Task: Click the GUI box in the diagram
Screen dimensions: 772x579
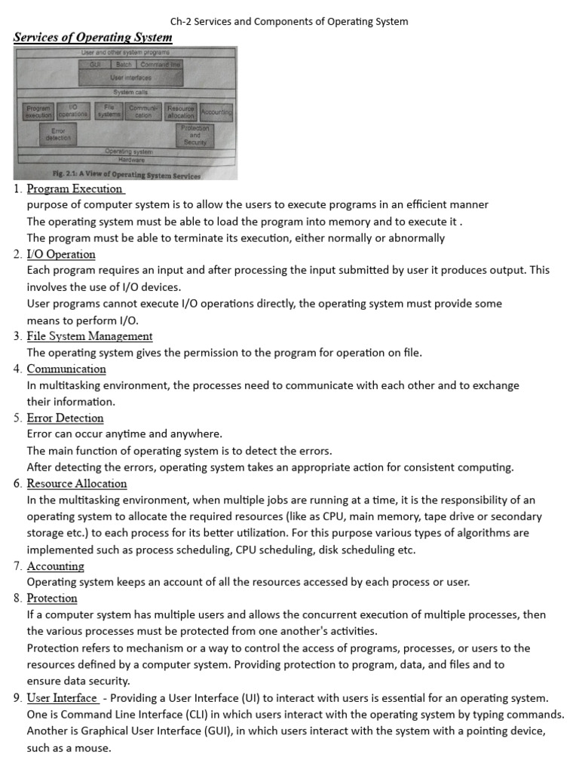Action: [95, 66]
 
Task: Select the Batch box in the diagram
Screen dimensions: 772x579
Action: [124, 66]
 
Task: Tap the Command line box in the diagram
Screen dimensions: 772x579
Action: [161, 66]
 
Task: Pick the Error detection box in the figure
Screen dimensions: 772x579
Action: [57, 135]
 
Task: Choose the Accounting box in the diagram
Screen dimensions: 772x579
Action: [216, 112]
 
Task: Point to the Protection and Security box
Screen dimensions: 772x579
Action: [195, 135]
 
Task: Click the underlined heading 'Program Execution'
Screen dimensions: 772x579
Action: [75, 188]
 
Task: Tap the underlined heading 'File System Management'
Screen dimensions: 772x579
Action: [89, 335]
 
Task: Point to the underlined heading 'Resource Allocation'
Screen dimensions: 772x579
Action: [76, 483]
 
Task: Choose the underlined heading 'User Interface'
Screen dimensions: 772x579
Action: [62, 697]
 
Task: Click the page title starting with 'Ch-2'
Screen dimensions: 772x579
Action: [289, 21]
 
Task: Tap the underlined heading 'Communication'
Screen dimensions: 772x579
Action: [66, 369]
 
